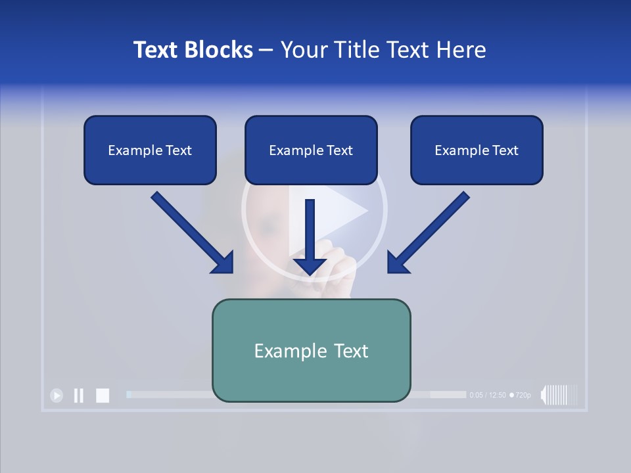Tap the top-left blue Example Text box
(150, 150)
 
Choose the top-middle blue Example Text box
(311, 150)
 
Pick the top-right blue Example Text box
(477, 150)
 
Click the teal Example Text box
(311, 350)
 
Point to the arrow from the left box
(192, 233)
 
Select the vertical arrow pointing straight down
(310, 236)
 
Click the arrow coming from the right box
(429, 233)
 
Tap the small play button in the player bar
(57, 395)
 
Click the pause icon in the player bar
(79, 395)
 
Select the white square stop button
(103, 395)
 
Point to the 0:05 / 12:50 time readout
(488, 395)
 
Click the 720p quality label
(521, 395)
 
